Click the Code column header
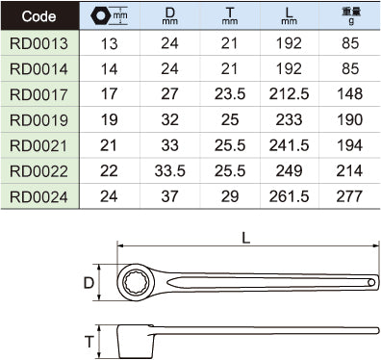[38, 16]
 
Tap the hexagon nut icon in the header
[101, 15]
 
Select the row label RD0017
[38, 94]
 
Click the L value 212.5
[289, 94]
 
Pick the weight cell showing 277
[349, 196]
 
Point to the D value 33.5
[169, 171]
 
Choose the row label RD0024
[38, 197]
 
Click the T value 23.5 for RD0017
[230, 94]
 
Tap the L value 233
[289, 119]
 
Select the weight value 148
[349, 94]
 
